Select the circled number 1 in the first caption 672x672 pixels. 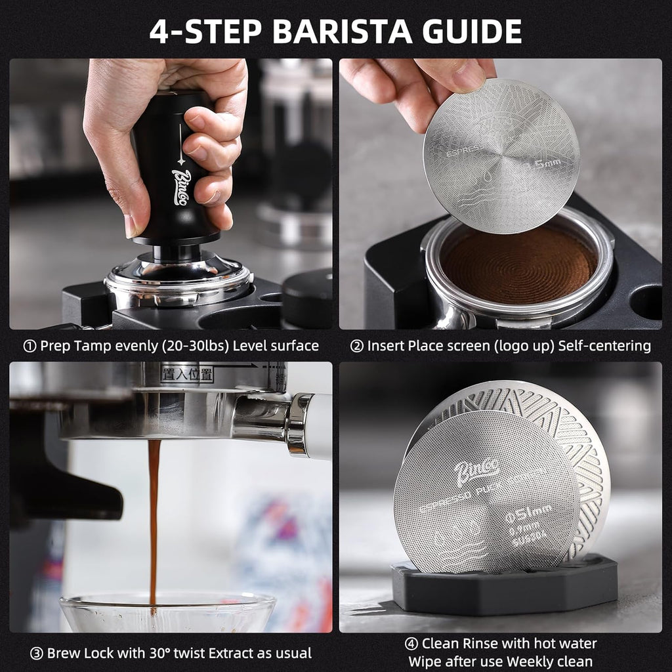coord(30,346)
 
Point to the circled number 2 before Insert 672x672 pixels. coord(356,346)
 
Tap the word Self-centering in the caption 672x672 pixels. coord(604,346)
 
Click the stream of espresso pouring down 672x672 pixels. coord(154,518)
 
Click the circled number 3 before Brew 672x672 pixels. coord(37,653)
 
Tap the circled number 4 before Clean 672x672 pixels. coord(411,644)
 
